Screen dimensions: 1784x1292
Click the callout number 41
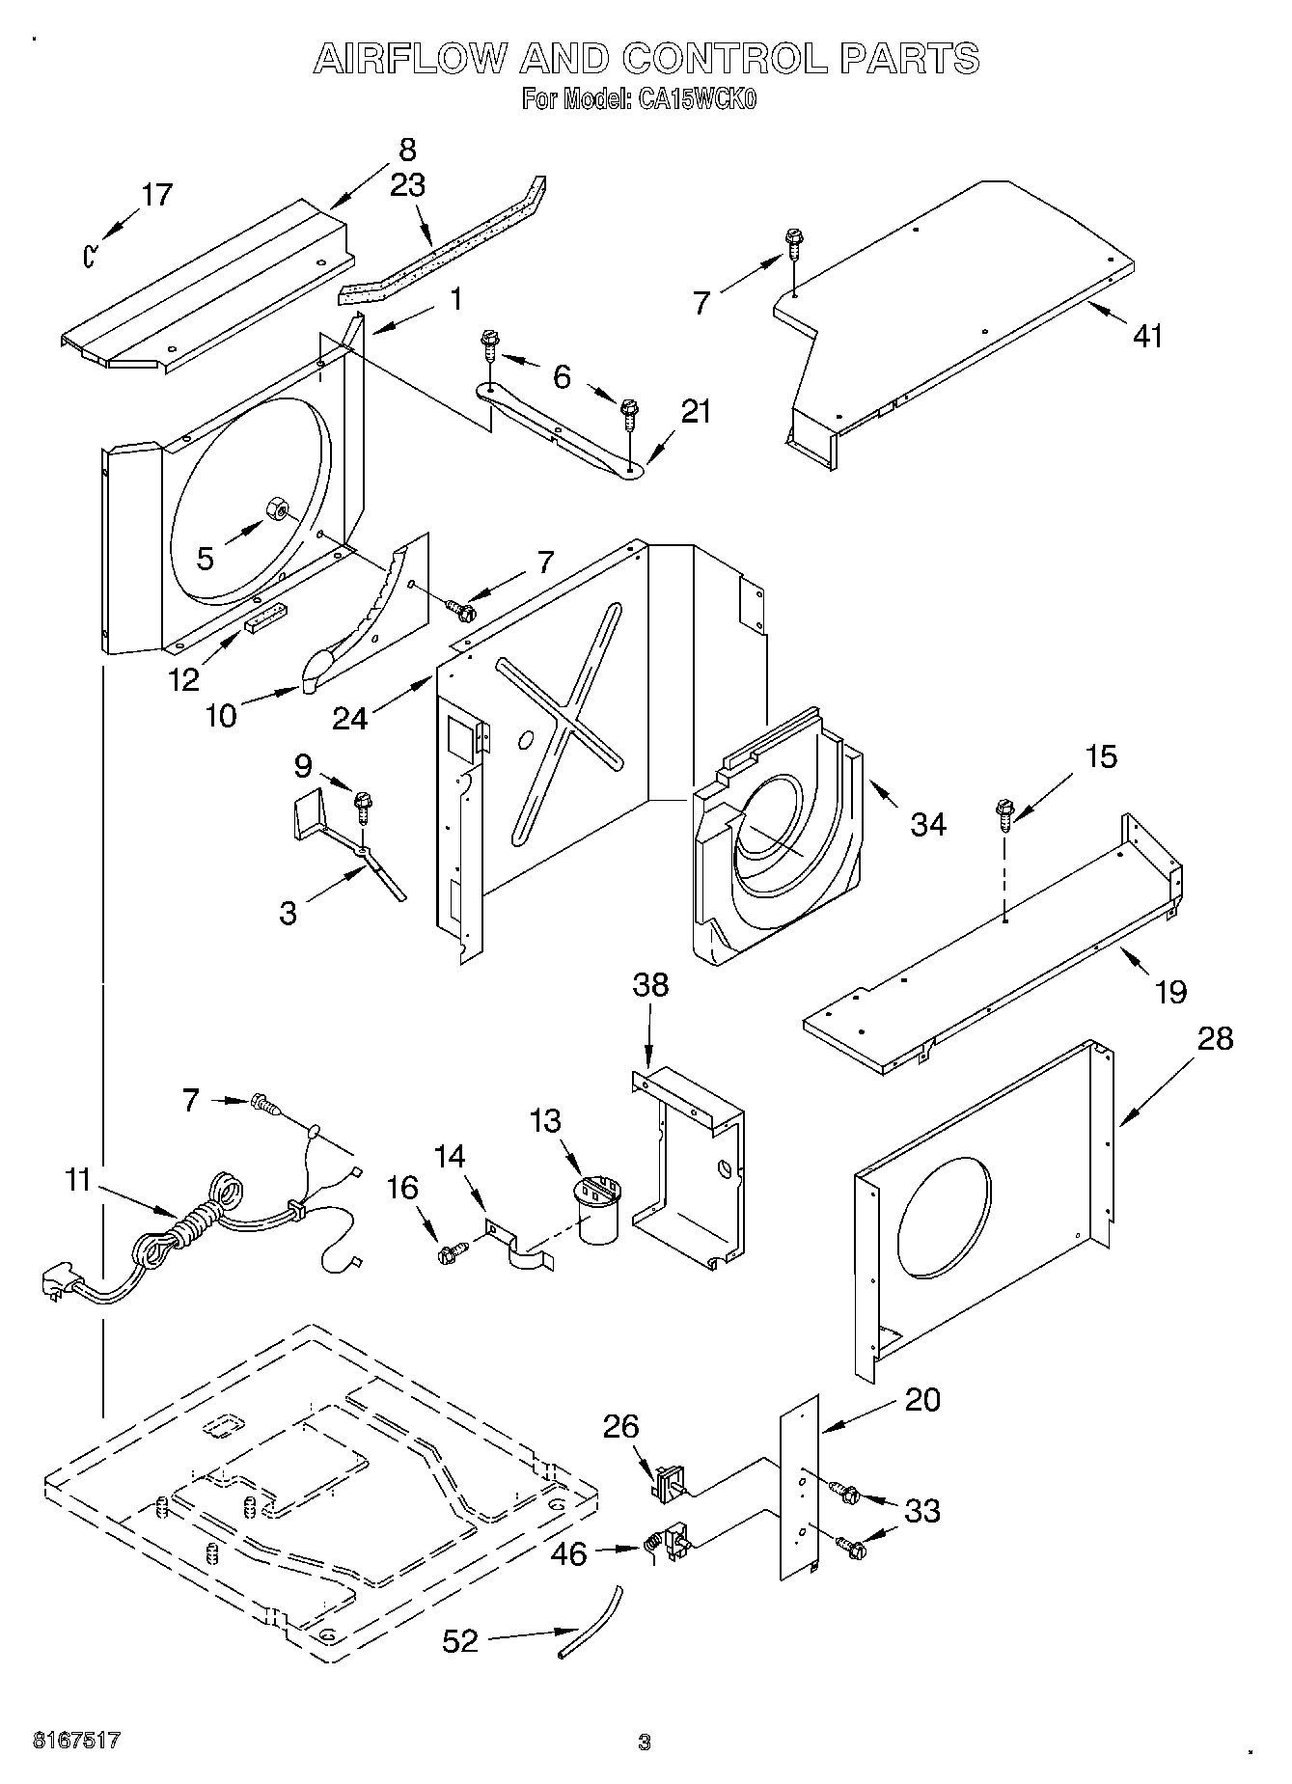point(1147,336)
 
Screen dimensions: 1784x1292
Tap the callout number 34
point(928,824)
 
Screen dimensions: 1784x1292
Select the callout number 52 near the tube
point(459,1640)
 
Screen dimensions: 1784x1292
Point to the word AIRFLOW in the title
point(409,60)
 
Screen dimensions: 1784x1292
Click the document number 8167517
point(77,1740)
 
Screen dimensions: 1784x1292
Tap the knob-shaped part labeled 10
point(316,670)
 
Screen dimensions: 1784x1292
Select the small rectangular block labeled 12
point(265,618)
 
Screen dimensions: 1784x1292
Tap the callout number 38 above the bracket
point(650,985)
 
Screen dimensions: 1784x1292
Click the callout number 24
point(349,718)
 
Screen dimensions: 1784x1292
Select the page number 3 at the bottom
point(645,1742)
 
